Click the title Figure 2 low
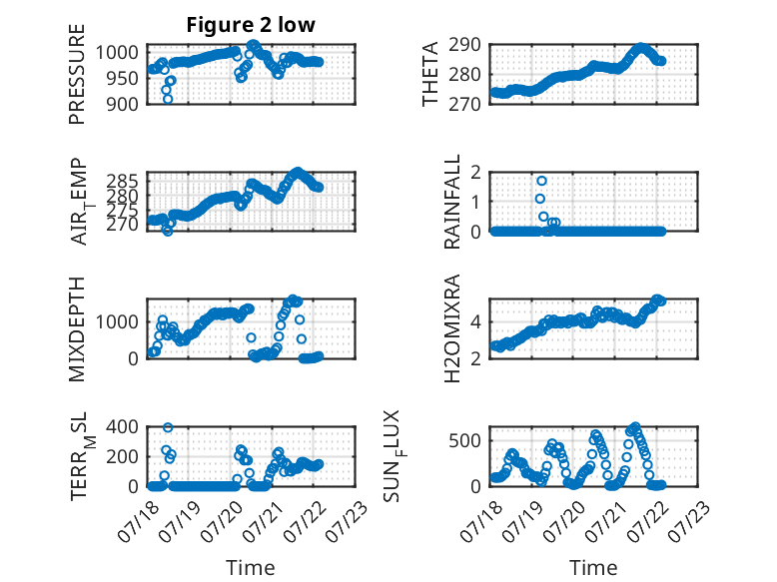pos(251,25)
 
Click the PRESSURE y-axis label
pos(77,74)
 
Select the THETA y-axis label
pos(430,74)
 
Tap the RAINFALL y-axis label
pos(452,202)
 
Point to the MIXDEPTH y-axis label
pos(77,329)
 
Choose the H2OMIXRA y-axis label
pos(452,328)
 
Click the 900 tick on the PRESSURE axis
pos(123,104)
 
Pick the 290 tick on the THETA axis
pos(464,45)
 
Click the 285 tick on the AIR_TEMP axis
pos(123,181)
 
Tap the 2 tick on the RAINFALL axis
pos(476,173)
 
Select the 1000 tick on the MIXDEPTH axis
pos(117,322)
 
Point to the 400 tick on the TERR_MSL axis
pos(123,427)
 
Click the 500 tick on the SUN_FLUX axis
pos(464,441)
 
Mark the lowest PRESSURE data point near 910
pos(168,99)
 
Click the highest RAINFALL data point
pos(541,181)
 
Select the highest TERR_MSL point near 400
pos(168,427)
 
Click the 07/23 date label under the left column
pos(348,521)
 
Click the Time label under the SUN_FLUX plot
pos(593,568)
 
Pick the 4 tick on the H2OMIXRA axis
pos(476,322)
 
